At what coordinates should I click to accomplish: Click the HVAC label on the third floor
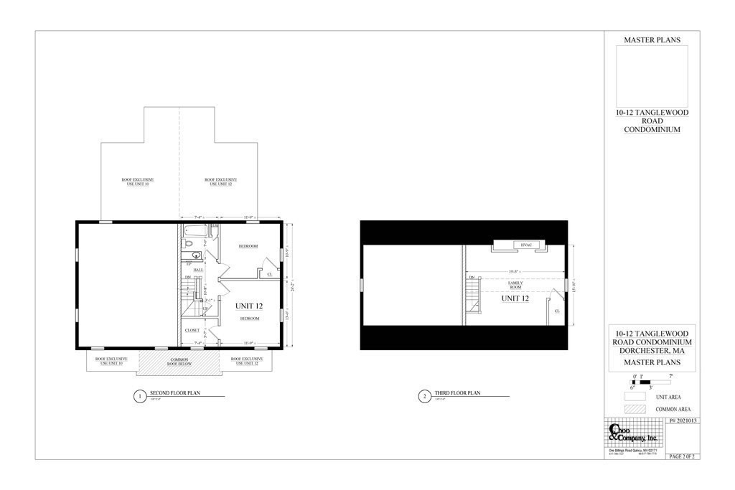click(x=525, y=245)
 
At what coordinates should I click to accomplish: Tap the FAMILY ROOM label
click(x=515, y=285)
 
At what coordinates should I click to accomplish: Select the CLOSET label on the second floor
click(x=192, y=330)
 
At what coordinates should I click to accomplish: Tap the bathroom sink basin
click(x=195, y=255)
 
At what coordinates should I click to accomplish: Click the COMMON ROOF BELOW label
click(x=179, y=361)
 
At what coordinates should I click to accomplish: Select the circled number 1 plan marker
click(x=140, y=397)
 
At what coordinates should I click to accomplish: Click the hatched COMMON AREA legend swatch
click(x=635, y=409)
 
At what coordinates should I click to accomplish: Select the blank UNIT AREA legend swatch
click(x=635, y=397)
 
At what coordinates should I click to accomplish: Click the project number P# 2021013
click(x=683, y=421)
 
